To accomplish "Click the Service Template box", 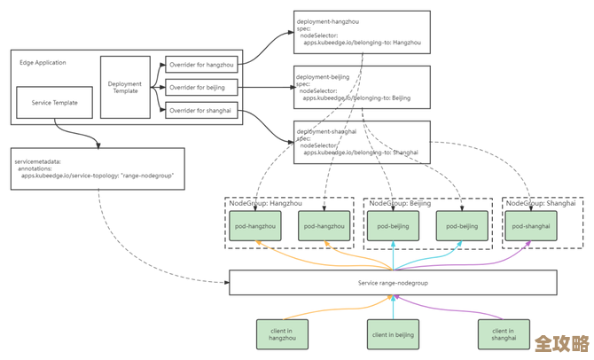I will [x=54, y=103].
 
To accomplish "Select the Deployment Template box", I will [x=125, y=86].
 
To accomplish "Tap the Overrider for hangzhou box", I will [x=201, y=64].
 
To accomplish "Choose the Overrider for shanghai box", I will [x=201, y=110].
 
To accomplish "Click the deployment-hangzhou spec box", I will [x=361, y=33].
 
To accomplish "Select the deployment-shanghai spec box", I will [x=361, y=142].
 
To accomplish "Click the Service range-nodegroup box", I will [x=392, y=282].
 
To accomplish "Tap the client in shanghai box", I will [x=503, y=334].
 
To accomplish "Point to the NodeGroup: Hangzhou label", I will [x=260, y=203].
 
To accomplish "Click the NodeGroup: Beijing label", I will [x=399, y=203].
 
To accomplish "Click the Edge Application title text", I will [x=43, y=63].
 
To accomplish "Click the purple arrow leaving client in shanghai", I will [x=443, y=308].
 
